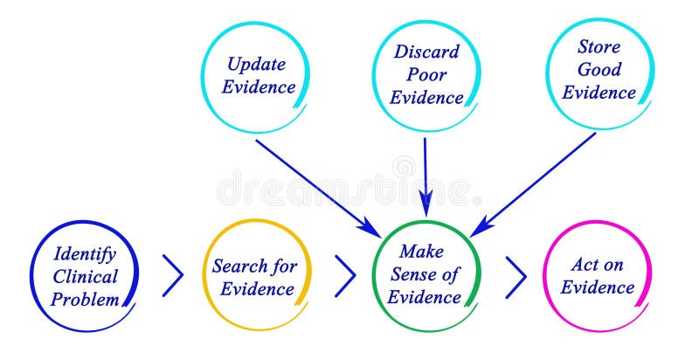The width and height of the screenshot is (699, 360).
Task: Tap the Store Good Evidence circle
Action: point(599,70)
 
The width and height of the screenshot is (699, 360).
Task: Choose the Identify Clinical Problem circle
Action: point(86,276)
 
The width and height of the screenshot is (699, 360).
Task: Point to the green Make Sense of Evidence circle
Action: point(427,274)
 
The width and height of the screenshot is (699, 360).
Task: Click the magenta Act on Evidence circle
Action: point(599,276)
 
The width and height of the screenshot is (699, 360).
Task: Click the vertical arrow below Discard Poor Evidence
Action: point(426,175)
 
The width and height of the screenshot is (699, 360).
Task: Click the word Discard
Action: point(426,52)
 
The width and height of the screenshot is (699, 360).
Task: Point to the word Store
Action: point(599,47)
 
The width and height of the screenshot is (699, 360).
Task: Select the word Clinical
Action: point(86,277)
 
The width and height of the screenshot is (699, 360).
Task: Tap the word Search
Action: point(233,267)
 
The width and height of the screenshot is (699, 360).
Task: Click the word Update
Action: point(258,64)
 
